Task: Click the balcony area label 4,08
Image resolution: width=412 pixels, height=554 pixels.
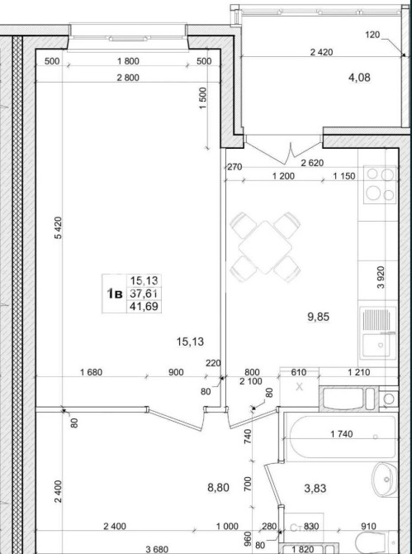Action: click(359, 77)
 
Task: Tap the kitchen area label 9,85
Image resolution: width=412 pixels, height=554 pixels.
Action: click(318, 317)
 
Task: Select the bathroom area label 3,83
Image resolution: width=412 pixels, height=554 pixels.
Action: click(315, 489)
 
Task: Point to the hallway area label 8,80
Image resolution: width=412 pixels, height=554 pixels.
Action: click(218, 488)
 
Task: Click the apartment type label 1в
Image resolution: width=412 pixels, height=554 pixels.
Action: click(115, 294)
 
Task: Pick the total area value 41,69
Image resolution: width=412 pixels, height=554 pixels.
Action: click(144, 306)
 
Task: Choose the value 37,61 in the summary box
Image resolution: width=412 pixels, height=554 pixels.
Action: click(144, 293)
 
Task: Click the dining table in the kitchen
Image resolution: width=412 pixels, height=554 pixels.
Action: click(265, 247)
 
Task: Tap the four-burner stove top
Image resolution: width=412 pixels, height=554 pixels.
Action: click(380, 184)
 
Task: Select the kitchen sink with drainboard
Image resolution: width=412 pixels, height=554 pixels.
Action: click(378, 332)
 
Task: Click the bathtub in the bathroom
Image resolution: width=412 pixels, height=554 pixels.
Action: click(341, 437)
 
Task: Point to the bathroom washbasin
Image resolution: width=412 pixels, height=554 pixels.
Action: click(385, 479)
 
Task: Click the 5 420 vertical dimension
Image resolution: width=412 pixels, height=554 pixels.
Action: click(58, 228)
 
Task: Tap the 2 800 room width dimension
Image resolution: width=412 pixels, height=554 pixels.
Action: click(128, 78)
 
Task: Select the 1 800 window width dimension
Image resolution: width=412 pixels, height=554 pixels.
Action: click(128, 61)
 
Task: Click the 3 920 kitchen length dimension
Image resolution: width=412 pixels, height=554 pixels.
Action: click(381, 277)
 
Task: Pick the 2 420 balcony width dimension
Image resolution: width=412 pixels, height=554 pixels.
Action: click(321, 52)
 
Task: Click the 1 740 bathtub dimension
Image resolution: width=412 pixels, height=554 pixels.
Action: click(342, 433)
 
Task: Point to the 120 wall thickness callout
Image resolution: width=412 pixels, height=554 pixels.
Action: click(372, 35)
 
